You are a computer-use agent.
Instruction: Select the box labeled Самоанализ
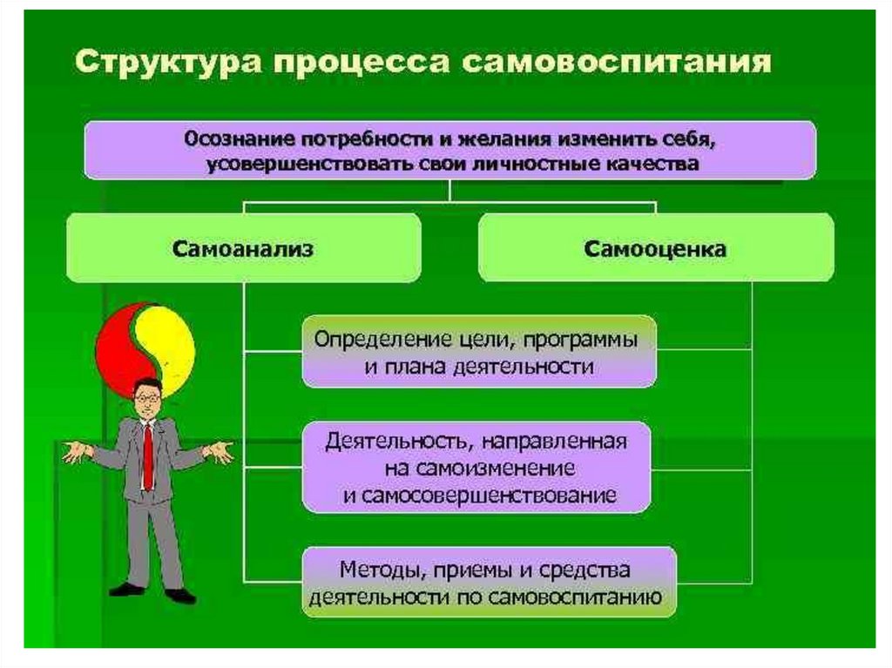[243, 248]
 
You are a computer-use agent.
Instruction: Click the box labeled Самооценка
[655, 249]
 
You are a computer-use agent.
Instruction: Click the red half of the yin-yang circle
[118, 348]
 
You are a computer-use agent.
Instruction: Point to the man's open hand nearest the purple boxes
[217, 451]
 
